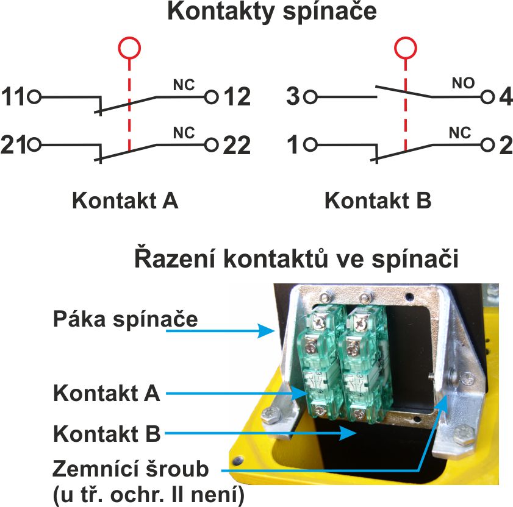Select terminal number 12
(237, 96)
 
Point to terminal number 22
(237, 145)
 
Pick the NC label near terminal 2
(460, 132)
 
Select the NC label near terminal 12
(184, 84)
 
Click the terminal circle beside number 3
(310, 96)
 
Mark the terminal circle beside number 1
(310, 145)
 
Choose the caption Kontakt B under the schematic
(378, 200)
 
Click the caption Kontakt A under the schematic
(125, 200)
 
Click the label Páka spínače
(125, 318)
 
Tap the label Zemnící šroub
(131, 469)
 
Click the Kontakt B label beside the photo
(107, 434)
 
